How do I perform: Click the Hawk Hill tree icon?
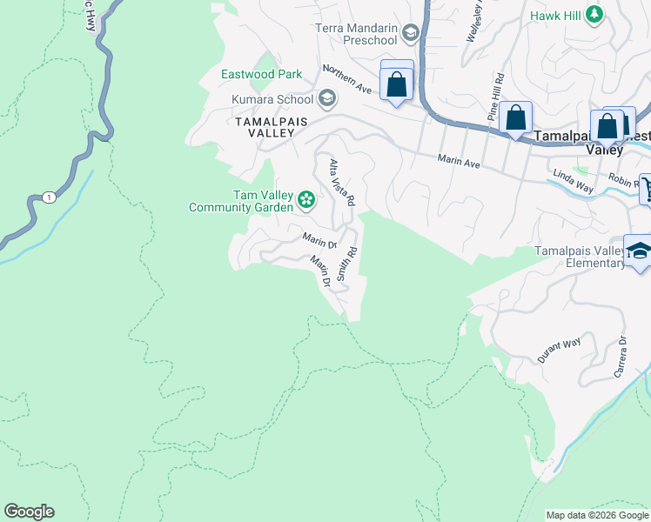coord(594,14)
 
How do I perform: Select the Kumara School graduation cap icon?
coord(327,98)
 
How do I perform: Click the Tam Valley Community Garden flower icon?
coord(306,201)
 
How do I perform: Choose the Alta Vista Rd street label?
coord(341,182)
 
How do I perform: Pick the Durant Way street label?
coord(558,351)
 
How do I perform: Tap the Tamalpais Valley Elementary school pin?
coord(638,251)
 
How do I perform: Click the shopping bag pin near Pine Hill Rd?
coord(516,117)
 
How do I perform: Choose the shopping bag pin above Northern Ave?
coord(397,84)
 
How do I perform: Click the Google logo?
coord(29,512)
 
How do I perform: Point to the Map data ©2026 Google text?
coord(596,515)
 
